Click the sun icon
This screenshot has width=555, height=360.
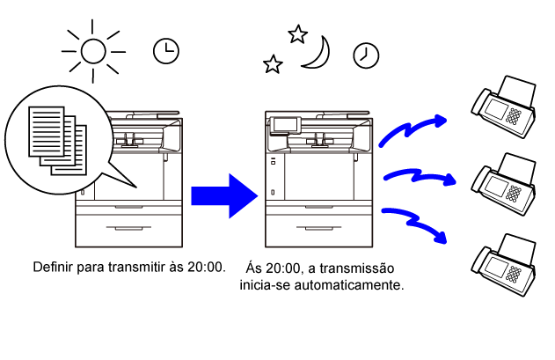pos(93,51)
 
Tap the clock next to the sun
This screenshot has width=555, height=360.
pos(166,51)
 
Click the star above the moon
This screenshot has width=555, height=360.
pos(297,34)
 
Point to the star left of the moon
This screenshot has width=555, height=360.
pos(273,64)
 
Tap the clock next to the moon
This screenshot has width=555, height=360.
pos(366,55)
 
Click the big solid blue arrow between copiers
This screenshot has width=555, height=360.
pos(224,195)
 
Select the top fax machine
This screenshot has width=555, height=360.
pos(504,107)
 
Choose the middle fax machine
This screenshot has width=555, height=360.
pos(504,184)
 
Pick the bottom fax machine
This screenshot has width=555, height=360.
pos(504,265)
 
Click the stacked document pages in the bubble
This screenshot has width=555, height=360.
pos(57,141)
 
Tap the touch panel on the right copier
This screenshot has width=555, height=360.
pos(285,125)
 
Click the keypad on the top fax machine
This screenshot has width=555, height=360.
pos(514,116)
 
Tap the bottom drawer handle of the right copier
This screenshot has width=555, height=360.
pos(319,228)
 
